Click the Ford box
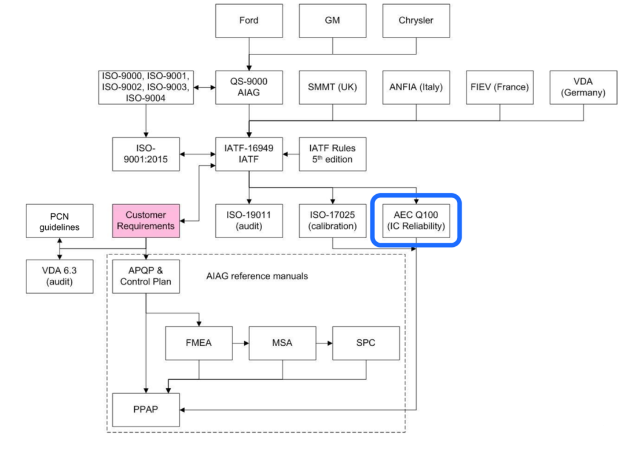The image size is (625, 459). click(x=248, y=21)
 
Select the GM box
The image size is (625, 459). click(x=332, y=21)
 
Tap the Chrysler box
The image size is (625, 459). click(x=416, y=21)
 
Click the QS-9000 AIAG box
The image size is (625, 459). click(x=248, y=88)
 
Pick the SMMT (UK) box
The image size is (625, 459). click(x=332, y=88)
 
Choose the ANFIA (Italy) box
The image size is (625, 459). click(x=416, y=88)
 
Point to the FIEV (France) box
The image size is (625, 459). click(x=500, y=88)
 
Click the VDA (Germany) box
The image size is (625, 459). click(x=583, y=88)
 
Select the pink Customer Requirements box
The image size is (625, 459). click(x=145, y=220)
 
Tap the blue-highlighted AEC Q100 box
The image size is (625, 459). click(x=416, y=220)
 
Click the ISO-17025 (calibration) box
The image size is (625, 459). click(x=332, y=220)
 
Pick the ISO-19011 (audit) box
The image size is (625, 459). click(x=248, y=220)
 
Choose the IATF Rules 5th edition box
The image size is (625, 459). click(x=332, y=154)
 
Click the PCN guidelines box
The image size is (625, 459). click(x=59, y=220)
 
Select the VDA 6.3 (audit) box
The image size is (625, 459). click(x=59, y=276)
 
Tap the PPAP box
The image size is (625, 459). click(x=145, y=409)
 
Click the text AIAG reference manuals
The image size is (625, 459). click(x=257, y=276)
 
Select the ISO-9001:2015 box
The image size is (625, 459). click(x=145, y=154)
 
